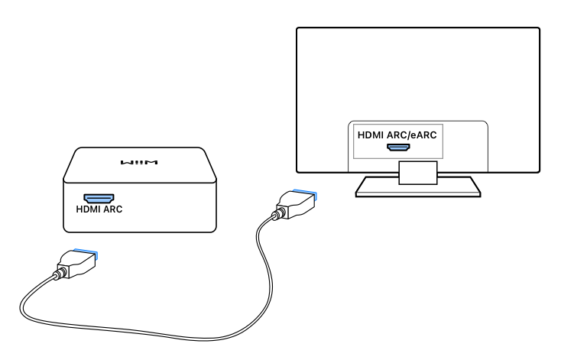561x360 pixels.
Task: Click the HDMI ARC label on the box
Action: tap(98, 208)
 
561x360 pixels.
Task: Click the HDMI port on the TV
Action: tap(400, 145)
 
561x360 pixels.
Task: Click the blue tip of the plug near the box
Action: tap(85, 251)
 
